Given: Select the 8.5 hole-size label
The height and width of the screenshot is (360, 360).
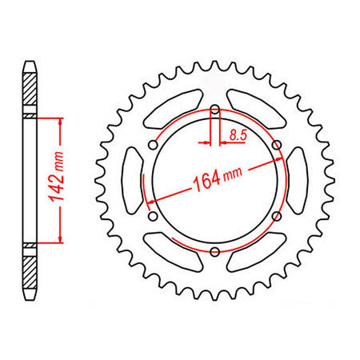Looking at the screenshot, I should (238, 137).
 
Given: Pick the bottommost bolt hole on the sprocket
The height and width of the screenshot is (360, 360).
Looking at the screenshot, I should (214, 253).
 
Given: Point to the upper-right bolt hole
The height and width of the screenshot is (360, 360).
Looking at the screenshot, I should (277, 146).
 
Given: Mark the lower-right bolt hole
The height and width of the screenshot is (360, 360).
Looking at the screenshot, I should (277, 217).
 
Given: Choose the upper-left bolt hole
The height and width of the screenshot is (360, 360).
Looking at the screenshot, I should (152, 146).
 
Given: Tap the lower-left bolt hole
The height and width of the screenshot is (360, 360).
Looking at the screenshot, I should (152, 217).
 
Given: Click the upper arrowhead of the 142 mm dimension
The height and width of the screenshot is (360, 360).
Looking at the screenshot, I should (60, 122).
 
